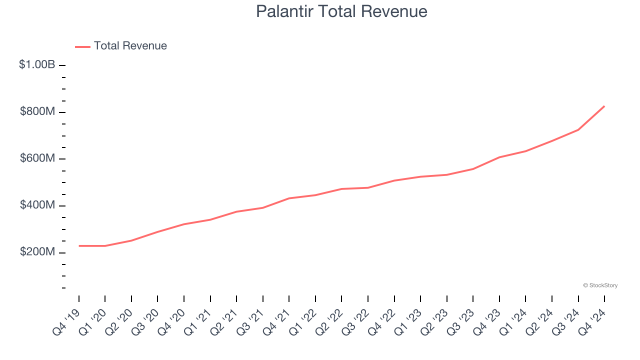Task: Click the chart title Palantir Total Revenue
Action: (x=341, y=11)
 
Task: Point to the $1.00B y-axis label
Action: (x=37, y=64)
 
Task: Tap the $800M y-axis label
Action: (x=37, y=111)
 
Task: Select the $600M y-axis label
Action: (x=37, y=158)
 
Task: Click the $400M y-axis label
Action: (x=37, y=205)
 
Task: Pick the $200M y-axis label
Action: (x=37, y=252)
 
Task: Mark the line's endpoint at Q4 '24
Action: (x=604, y=106)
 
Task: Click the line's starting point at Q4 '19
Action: (x=79, y=246)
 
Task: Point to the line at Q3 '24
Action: (x=578, y=130)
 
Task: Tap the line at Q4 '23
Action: (x=499, y=157)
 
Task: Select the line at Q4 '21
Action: (x=289, y=198)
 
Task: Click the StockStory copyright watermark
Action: (x=600, y=285)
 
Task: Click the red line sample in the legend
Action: (x=82, y=46)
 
